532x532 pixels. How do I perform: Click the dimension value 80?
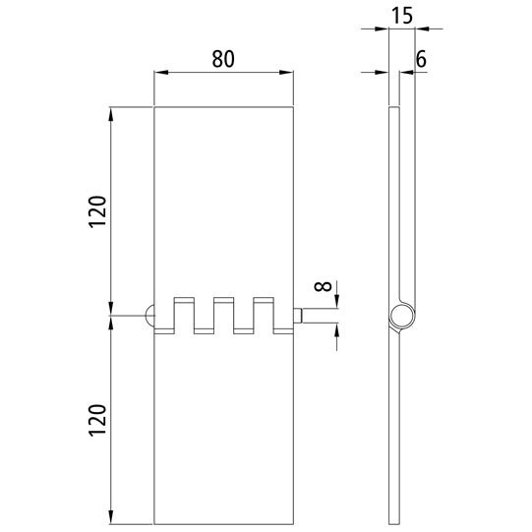pos(223,58)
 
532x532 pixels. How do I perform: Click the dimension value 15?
pos(401,17)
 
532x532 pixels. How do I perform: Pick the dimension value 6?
pos(420,60)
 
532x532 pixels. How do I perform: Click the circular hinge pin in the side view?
pos(401,316)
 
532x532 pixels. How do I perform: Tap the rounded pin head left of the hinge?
pos(149,315)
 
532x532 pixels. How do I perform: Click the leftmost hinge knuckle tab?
pos(183,312)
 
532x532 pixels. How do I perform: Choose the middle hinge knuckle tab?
pos(223,312)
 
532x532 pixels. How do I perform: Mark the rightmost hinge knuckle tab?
pos(263,312)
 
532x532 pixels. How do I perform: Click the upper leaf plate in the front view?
pos(224,197)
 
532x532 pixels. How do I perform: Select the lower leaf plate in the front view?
pos(224,433)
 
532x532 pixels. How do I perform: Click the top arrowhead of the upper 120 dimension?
pos(111,111)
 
